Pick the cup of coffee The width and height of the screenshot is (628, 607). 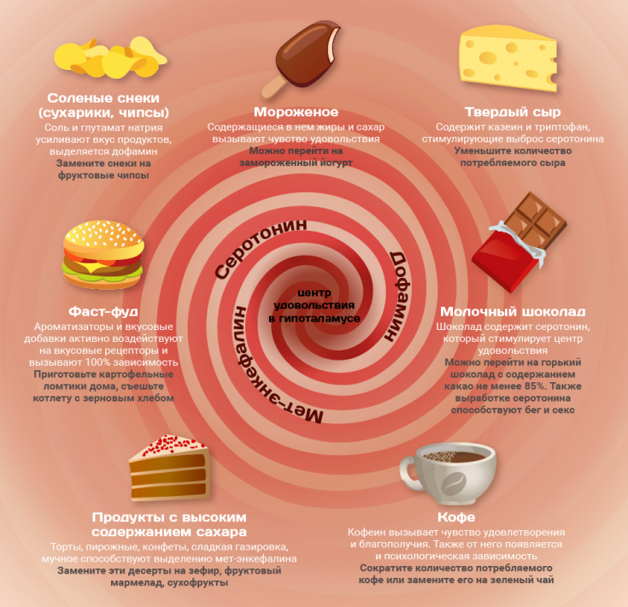click(x=448, y=474)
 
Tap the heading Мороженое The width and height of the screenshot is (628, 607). click(x=296, y=112)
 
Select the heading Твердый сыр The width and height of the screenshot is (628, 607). click(x=512, y=112)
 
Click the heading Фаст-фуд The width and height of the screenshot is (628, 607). click(x=103, y=310)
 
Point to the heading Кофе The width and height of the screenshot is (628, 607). click(x=455, y=517)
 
